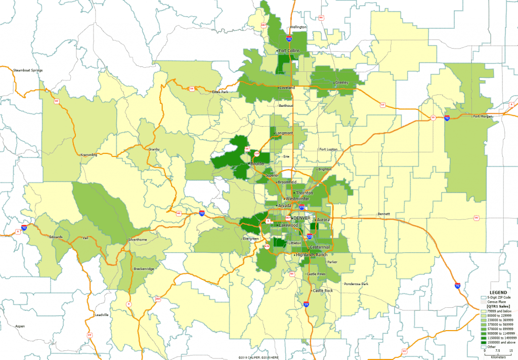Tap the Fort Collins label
pos(289,51)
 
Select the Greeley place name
pos(341,82)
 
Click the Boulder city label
pos(257,164)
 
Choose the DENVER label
pos(301,218)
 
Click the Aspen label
pos(20,326)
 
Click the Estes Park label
pos(220,92)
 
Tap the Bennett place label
pos(383,214)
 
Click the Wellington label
pos(297,27)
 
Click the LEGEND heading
pos(498,293)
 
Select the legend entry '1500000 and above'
pos(501,342)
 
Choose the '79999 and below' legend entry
pos(500,311)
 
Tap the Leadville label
pos(102,315)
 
